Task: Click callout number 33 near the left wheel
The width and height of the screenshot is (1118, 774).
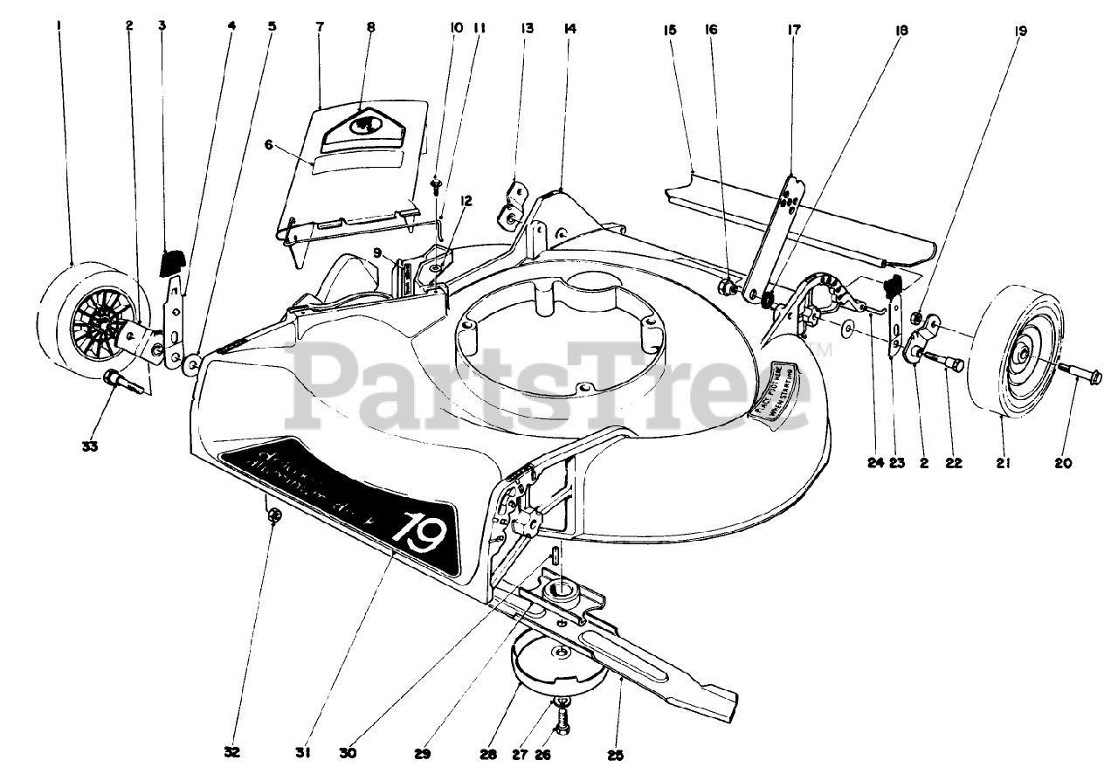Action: (89, 446)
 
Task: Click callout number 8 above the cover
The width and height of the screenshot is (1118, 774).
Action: (371, 27)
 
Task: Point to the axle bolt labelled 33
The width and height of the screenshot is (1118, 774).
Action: (118, 383)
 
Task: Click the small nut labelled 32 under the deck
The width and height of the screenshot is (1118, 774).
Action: (274, 516)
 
